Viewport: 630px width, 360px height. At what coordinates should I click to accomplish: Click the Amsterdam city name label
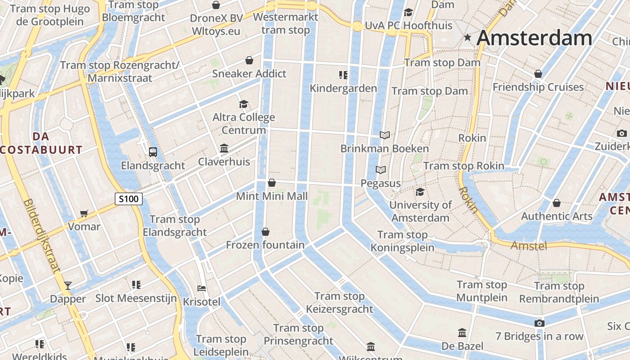(x=534, y=38)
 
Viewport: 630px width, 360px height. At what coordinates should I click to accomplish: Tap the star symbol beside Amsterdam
(x=468, y=38)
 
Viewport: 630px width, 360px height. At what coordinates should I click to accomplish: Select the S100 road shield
(x=129, y=198)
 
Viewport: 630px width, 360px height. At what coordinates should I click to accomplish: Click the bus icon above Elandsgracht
(x=153, y=152)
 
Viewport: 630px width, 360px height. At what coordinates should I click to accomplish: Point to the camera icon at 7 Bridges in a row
(x=539, y=323)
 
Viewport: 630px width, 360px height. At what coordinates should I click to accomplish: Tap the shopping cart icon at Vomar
(x=84, y=213)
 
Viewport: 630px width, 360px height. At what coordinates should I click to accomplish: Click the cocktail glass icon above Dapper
(x=67, y=285)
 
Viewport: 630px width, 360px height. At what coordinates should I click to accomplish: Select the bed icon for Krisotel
(x=202, y=288)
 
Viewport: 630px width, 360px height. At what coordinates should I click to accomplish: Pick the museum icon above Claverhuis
(x=224, y=148)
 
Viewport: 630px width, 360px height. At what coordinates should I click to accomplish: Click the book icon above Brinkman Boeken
(x=384, y=135)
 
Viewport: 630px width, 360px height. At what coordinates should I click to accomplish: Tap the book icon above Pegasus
(x=381, y=170)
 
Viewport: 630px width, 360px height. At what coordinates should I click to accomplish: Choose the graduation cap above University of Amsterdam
(x=420, y=192)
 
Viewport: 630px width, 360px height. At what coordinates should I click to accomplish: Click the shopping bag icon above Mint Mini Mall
(x=272, y=183)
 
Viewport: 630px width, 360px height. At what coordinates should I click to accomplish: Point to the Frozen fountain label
(x=265, y=245)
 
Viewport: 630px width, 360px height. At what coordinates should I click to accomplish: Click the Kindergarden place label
(x=343, y=88)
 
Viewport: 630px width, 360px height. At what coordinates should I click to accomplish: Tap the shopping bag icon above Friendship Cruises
(x=538, y=74)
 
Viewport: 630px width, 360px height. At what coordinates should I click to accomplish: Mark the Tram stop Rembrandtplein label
(x=559, y=292)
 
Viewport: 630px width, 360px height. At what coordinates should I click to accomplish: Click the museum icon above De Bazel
(x=462, y=333)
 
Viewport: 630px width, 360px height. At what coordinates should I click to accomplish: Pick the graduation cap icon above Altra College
(x=243, y=104)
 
